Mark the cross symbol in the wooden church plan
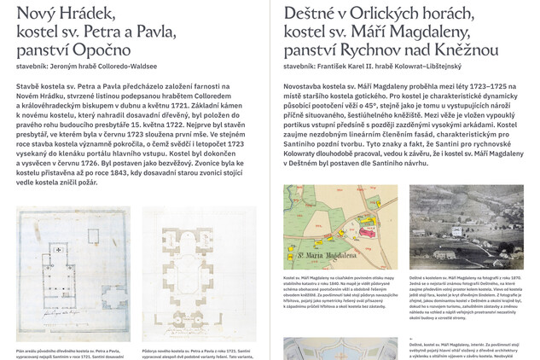click(57, 248)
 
